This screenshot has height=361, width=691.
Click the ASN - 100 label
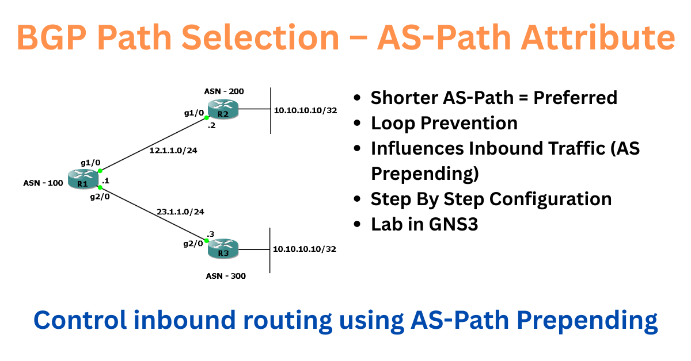(43, 183)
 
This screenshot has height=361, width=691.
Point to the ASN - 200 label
(224, 91)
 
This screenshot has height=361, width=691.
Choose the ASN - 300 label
(226, 276)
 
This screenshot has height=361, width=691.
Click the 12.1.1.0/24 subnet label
(177, 151)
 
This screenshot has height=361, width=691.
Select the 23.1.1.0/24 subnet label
(180, 212)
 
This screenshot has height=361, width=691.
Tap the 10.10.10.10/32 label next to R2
(305, 110)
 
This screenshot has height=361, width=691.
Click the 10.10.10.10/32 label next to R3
(305, 249)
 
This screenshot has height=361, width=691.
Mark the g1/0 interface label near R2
(194, 113)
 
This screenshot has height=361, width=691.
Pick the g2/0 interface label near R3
(193, 243)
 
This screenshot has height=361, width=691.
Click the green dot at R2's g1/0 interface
(207, 117)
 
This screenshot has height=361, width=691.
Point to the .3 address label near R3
(211, 234)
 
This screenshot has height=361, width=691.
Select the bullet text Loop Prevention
(444, 123)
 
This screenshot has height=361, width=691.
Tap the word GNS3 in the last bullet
(453, 224)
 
